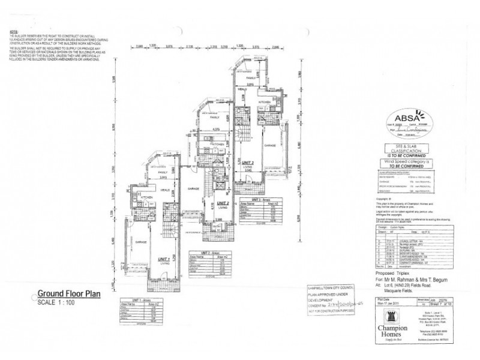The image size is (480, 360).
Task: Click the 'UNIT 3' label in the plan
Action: (248, 163)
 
